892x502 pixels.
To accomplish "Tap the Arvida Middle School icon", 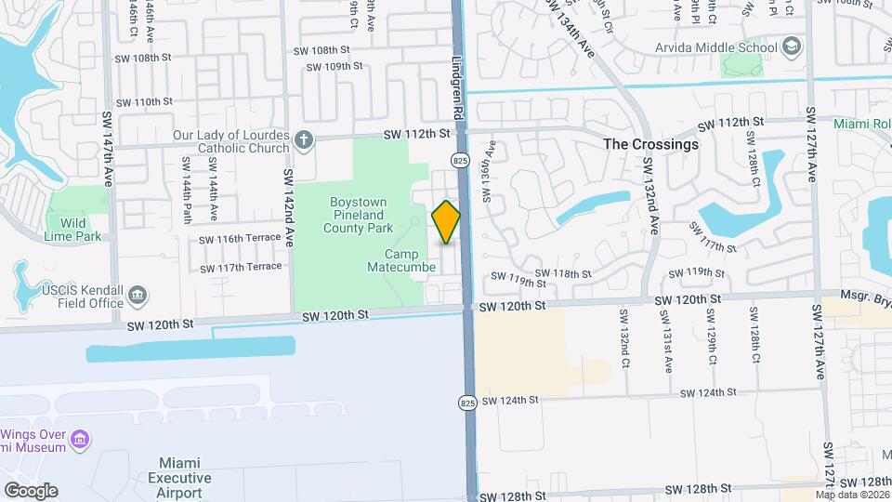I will coord(792,46).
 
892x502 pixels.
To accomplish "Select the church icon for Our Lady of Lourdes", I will coord(302,141).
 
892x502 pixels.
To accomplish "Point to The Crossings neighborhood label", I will coord(650,145).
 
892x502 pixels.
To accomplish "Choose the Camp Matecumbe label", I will coord(409,261).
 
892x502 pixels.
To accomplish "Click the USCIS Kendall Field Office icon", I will coord(138,296).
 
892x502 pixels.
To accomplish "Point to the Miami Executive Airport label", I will coord(180,477).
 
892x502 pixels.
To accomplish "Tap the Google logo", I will coord(31,490).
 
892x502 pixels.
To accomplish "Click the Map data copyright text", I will coord(852,494).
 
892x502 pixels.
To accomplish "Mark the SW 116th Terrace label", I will coord(240,238).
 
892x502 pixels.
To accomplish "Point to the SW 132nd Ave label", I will coord(650,195).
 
